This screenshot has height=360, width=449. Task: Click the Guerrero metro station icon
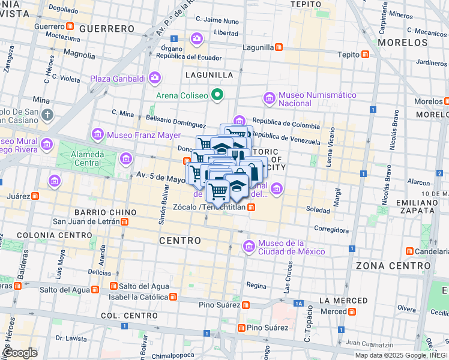70,27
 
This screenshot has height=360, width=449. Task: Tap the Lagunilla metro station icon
279,47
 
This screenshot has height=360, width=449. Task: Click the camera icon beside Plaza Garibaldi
155,77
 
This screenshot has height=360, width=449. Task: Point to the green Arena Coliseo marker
218,95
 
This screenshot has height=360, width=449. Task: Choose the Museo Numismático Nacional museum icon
269,98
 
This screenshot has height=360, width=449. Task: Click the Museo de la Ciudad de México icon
249,246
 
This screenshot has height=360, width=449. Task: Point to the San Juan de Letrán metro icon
124,221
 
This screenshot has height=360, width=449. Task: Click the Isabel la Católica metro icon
173,296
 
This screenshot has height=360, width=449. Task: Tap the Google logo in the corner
20,353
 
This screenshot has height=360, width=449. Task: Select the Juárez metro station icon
35,196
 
